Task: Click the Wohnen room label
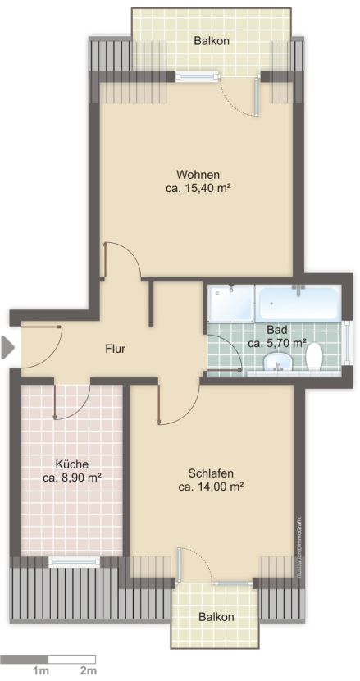197,174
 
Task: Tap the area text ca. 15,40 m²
197,188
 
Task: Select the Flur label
115,349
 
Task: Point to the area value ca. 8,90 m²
71,477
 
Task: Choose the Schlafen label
212,473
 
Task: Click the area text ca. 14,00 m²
212,487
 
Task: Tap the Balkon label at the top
211,40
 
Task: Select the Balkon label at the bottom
216,617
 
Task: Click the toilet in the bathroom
313,357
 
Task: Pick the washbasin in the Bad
282,362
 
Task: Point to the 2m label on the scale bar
88,671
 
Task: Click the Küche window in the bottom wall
73,562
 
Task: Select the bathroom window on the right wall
349,342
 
